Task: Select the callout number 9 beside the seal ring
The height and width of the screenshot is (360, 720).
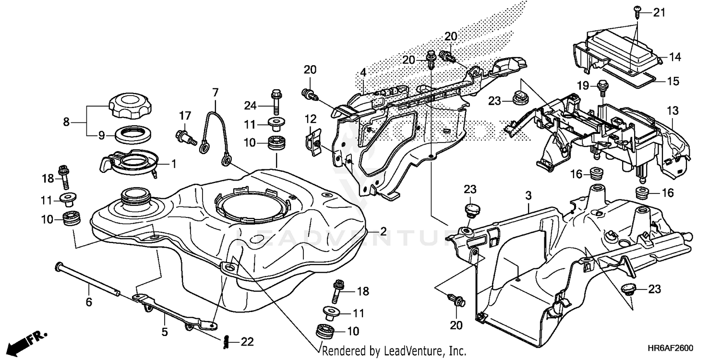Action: [x=101, y=136]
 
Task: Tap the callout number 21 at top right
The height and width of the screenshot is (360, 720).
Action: [x=660, y=13]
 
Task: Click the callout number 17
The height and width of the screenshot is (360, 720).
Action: [x=185, y=115]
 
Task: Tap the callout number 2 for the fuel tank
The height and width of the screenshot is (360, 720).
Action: [x=383, y=231]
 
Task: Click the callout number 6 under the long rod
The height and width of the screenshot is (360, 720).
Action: [x=89, y=302]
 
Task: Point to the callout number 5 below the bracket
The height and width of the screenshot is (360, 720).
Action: [x=164, y=332]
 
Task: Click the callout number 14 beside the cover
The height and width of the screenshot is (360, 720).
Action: [x=675, y=58]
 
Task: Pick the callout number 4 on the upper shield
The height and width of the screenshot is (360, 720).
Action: [x=363, y=73]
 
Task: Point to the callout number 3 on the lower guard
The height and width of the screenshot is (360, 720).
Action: [x=528, y=195]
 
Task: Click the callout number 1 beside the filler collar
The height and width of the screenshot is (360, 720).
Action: [x=173, y=164]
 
